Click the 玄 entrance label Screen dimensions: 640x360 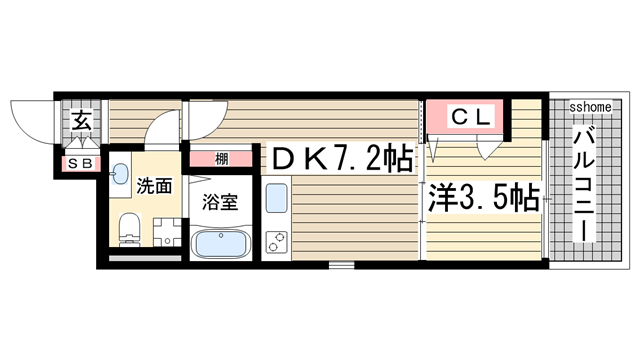(x=79, y=122)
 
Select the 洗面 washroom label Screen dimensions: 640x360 (x=155, y=185)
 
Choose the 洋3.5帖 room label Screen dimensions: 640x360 (x=485, y=195)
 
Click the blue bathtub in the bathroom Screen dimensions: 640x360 (x=221, y=243)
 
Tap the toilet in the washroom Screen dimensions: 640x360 (x=127, y=227)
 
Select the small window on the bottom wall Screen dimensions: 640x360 (x=342, y=265)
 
